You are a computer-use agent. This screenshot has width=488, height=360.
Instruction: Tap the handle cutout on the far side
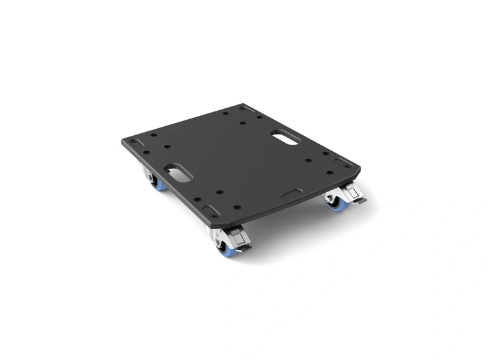pos(284,136)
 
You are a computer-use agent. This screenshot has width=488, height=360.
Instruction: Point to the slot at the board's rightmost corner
pos(346,161)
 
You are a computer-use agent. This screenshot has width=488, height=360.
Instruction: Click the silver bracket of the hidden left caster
pos(147,172)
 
